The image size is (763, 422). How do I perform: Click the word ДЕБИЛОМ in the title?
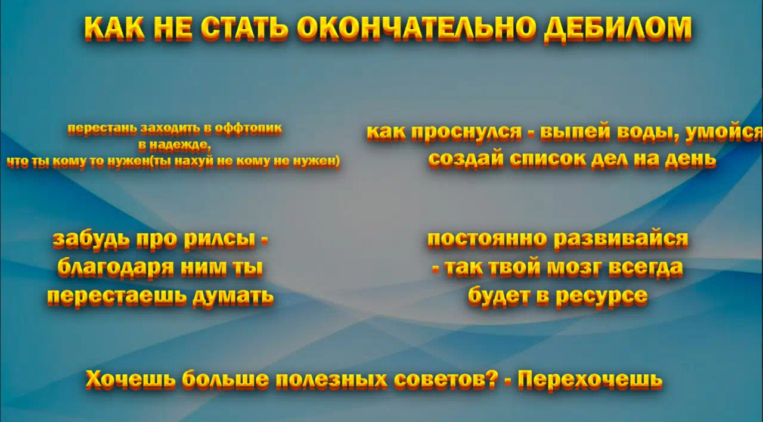point(618,29)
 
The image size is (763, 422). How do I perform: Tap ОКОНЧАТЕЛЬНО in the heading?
point(415,28)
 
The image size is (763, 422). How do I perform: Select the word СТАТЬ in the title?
point(244,28)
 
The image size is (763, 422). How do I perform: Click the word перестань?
point(103,130)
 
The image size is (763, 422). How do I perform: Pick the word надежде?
point(180,146)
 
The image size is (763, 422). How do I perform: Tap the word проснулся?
point(466,133)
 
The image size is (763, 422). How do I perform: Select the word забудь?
point(91,239)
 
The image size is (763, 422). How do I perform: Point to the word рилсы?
point(219,239)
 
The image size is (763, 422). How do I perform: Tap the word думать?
point(233,296)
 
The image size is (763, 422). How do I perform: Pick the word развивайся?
point(621,239)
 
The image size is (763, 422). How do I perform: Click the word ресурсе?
point(601,296)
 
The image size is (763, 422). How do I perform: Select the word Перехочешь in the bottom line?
point(590,380)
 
